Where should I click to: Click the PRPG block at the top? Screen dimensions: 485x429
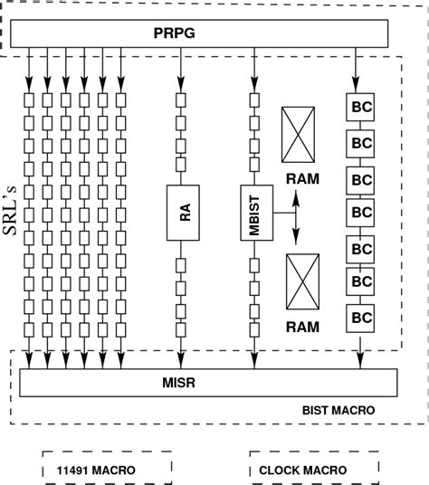[198, 34]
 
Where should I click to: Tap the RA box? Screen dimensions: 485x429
[182, 213]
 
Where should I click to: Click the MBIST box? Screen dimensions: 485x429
[254, 213]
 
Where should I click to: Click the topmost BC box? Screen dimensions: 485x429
[361, 107]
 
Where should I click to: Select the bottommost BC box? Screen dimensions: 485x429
[361, 317]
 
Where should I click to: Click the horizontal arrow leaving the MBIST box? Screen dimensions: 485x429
[281, 214]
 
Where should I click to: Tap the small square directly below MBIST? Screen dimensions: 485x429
[254, 264]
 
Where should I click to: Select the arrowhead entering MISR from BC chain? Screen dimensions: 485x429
[361, 364]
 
